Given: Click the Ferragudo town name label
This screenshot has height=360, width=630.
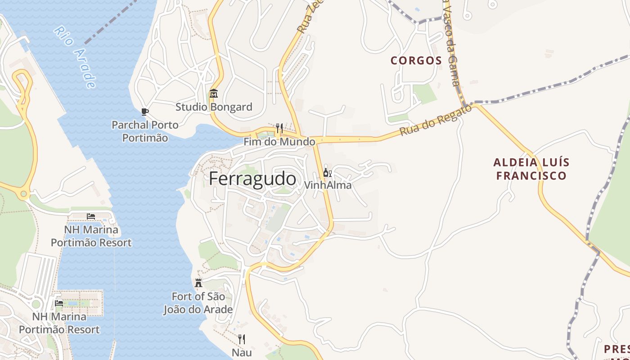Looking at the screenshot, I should pos(252,179).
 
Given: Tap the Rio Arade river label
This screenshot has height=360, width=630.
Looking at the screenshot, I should pos(75,57).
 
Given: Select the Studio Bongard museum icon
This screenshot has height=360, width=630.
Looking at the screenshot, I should pos(213,94).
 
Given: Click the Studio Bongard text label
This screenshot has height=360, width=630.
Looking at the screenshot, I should pos(214,107).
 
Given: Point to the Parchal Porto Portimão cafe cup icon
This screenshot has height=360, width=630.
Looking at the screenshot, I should pos(144,112).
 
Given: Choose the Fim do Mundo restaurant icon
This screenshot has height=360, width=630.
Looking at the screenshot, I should pos(279,129).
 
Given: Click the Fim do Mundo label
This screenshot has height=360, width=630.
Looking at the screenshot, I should pos(279,142).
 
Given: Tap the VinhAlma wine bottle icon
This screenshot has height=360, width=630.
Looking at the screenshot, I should pos(328,173).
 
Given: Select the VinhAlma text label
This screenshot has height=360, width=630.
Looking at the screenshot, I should pos(328,185).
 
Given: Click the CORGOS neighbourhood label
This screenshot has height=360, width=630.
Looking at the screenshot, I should pos(416,60).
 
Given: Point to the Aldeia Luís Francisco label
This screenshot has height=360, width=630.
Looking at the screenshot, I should pos(531,169).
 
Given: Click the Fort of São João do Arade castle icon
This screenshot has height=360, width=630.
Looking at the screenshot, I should pos(198,283).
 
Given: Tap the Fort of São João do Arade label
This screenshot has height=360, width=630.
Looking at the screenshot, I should pos(198,303).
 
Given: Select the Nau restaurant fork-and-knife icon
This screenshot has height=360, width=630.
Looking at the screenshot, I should pos(242,339).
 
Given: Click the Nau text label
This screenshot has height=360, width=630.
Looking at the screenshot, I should pos(242,352).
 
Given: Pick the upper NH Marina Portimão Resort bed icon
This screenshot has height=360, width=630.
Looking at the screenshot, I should pos(91,216).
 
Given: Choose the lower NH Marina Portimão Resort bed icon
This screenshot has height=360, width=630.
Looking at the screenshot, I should pos(59,303).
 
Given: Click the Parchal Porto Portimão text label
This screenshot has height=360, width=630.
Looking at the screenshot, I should pos(145,131).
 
